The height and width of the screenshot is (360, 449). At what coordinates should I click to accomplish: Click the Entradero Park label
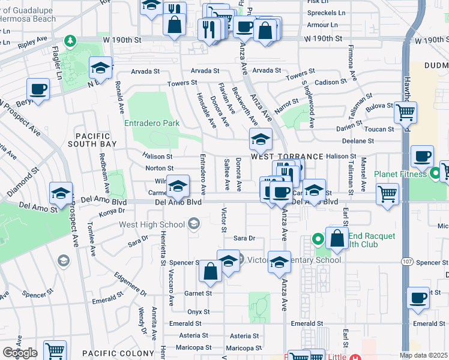pos(152,123)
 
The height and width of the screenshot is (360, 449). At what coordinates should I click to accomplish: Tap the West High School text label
pos(152,225)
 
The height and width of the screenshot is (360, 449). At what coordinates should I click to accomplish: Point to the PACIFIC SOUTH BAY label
pos(99,140)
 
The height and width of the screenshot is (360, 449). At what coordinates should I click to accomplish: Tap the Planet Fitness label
pos(400,175)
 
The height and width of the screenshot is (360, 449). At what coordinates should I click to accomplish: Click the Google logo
pos(19,353)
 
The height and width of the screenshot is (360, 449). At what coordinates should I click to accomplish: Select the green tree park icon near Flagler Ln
pos(71,40)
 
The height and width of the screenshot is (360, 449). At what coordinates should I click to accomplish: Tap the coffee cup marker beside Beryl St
pos(39,90)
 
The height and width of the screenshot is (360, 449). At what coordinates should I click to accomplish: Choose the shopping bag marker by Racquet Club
pos(337,238)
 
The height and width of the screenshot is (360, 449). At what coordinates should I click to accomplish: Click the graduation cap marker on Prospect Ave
pos(61,193)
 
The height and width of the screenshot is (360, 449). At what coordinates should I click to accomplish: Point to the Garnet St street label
pos(197,293)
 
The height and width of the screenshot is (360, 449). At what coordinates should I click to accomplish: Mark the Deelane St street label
pos(358,140)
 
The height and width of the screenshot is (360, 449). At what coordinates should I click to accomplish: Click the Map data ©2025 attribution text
pos(424,355)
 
